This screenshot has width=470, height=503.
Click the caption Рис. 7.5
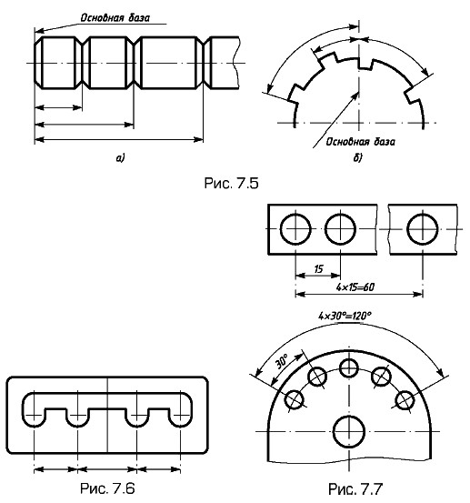231,183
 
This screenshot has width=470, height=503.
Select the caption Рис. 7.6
107,488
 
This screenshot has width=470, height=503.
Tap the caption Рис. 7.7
355,489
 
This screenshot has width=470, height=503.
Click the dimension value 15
318,268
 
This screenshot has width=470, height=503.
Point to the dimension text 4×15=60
355,287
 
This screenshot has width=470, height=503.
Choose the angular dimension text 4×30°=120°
345,316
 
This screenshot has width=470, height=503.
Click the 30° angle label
282,362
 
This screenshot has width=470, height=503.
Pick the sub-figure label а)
121,158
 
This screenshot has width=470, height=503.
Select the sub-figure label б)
357,157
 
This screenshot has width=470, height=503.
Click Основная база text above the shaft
115,17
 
